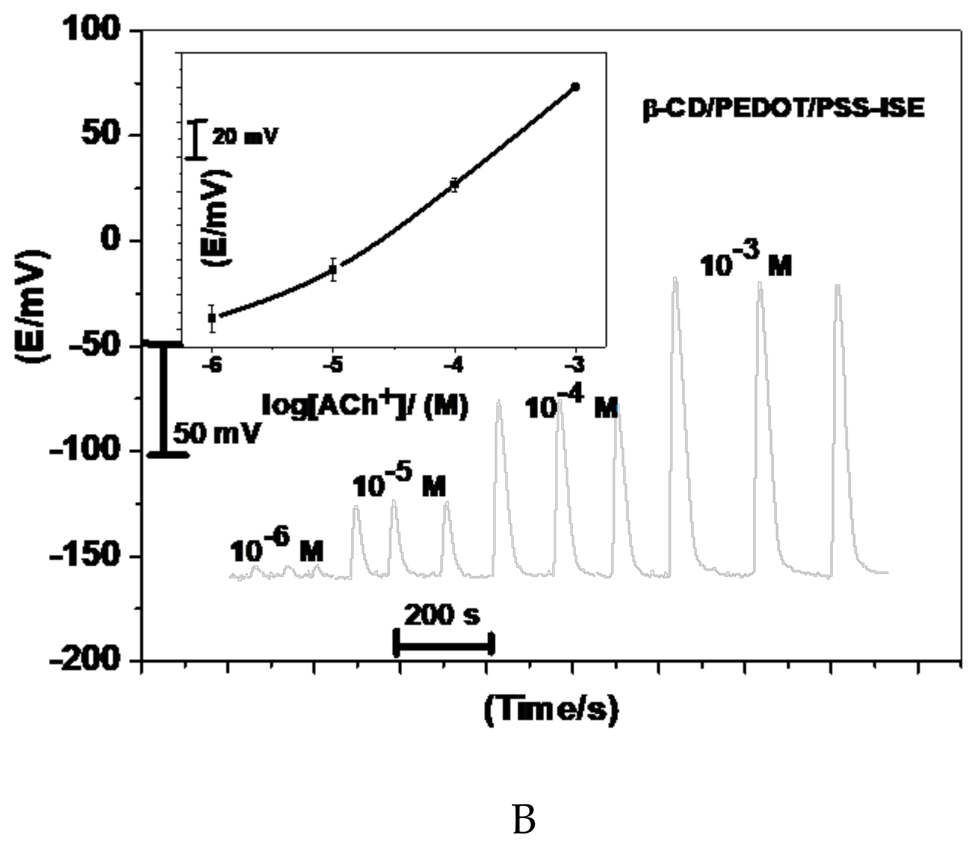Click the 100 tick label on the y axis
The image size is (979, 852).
[90, 29]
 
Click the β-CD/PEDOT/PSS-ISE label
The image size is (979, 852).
[784, 109]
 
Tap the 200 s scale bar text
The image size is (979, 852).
[442, 615]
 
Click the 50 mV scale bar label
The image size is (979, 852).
[217, 433]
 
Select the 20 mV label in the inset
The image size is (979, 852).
[245, 136]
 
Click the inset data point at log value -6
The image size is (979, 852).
[212, 318]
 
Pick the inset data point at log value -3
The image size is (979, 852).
[575, 87]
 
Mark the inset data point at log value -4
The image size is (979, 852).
[455, 185]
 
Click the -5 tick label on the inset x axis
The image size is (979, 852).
[333, 365]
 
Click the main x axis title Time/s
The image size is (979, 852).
[551, 710]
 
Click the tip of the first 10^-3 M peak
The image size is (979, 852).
[675, 278]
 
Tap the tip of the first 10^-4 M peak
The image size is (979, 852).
[499, 401]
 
